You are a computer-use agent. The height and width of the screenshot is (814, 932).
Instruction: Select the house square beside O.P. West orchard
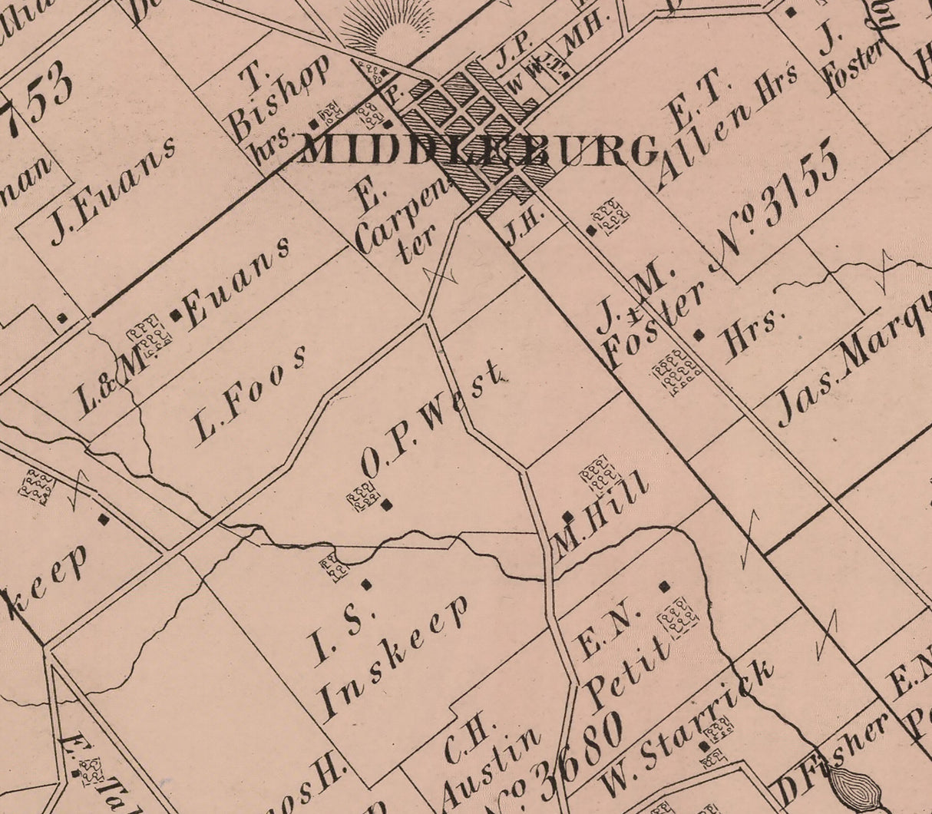tap(388, 504)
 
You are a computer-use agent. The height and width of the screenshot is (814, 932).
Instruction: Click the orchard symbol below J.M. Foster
tap(676, 372)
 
